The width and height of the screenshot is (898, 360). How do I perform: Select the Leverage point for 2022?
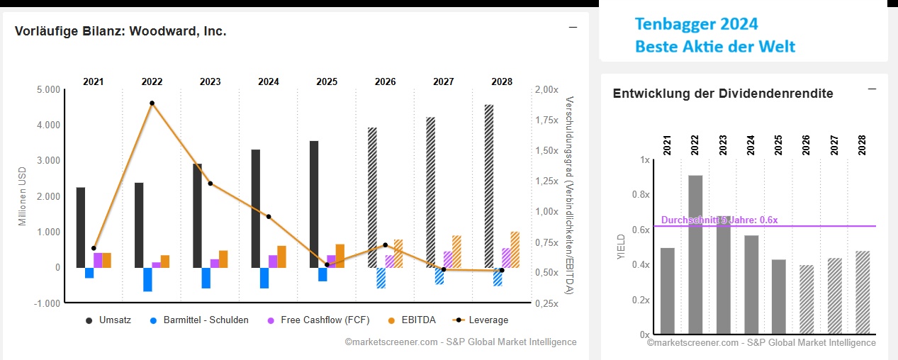pos(152,103)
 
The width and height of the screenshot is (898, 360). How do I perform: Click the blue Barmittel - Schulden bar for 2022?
pos(147,279)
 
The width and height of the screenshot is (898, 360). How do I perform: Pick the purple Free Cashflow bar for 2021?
pos(98,260)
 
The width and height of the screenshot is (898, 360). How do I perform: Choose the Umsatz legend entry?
pos(108,320)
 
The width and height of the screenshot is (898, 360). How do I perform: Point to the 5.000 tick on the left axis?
pos(47,90)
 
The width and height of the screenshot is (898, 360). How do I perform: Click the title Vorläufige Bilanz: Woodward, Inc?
pos(120,31)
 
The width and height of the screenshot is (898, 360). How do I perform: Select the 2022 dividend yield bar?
pos(695,254)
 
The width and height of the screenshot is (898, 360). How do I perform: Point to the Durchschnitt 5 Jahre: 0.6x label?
pos(719,220)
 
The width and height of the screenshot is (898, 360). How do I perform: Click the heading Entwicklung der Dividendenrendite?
pos(723,94)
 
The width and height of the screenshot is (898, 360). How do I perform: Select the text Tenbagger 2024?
pos(696,25)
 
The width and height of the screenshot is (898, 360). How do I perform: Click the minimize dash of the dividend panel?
pos(872,89)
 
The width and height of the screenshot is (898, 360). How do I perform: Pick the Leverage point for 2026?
pos(385,245)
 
